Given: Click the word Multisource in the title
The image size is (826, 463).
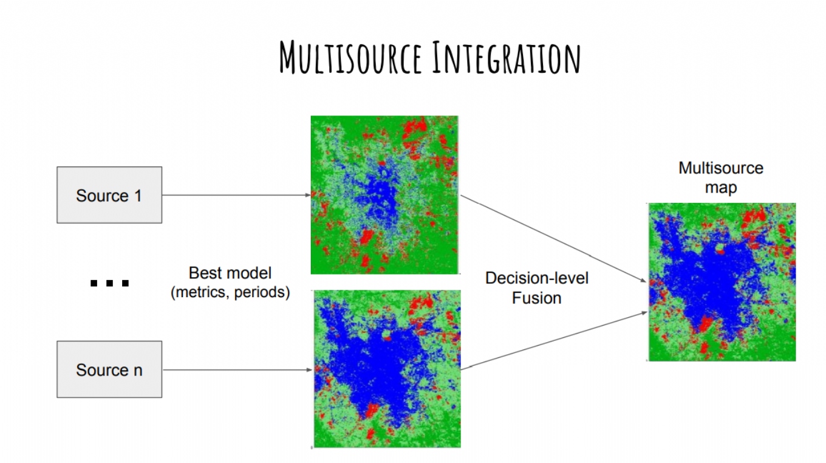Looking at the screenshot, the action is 350,58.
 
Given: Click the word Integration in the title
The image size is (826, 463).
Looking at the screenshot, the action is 507,58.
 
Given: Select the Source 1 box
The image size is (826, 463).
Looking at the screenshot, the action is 109,195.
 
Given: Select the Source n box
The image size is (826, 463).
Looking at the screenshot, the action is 109,369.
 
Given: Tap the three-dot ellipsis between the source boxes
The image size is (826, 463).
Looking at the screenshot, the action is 109,283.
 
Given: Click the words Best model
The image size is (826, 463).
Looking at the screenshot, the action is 230,273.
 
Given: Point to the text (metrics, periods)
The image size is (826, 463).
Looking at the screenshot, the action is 230,292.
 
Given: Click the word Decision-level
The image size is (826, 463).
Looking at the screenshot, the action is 536,278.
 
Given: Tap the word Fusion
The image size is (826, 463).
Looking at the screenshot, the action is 536,298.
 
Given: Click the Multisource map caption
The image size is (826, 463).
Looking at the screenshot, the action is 721,178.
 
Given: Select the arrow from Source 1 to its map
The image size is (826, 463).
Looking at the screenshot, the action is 236,195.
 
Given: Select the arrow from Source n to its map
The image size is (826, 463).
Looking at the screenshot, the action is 237,369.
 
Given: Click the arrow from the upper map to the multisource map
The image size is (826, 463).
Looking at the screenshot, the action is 553,239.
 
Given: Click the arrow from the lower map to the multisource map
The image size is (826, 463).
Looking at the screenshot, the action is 555,340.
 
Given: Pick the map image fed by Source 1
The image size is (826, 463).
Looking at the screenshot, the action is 384,195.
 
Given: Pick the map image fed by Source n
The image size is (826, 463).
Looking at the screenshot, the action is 387,369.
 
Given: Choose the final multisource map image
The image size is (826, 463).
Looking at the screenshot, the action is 722,282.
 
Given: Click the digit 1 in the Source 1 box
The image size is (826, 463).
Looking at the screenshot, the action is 138,196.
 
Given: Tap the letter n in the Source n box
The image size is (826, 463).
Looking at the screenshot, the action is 138,371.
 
